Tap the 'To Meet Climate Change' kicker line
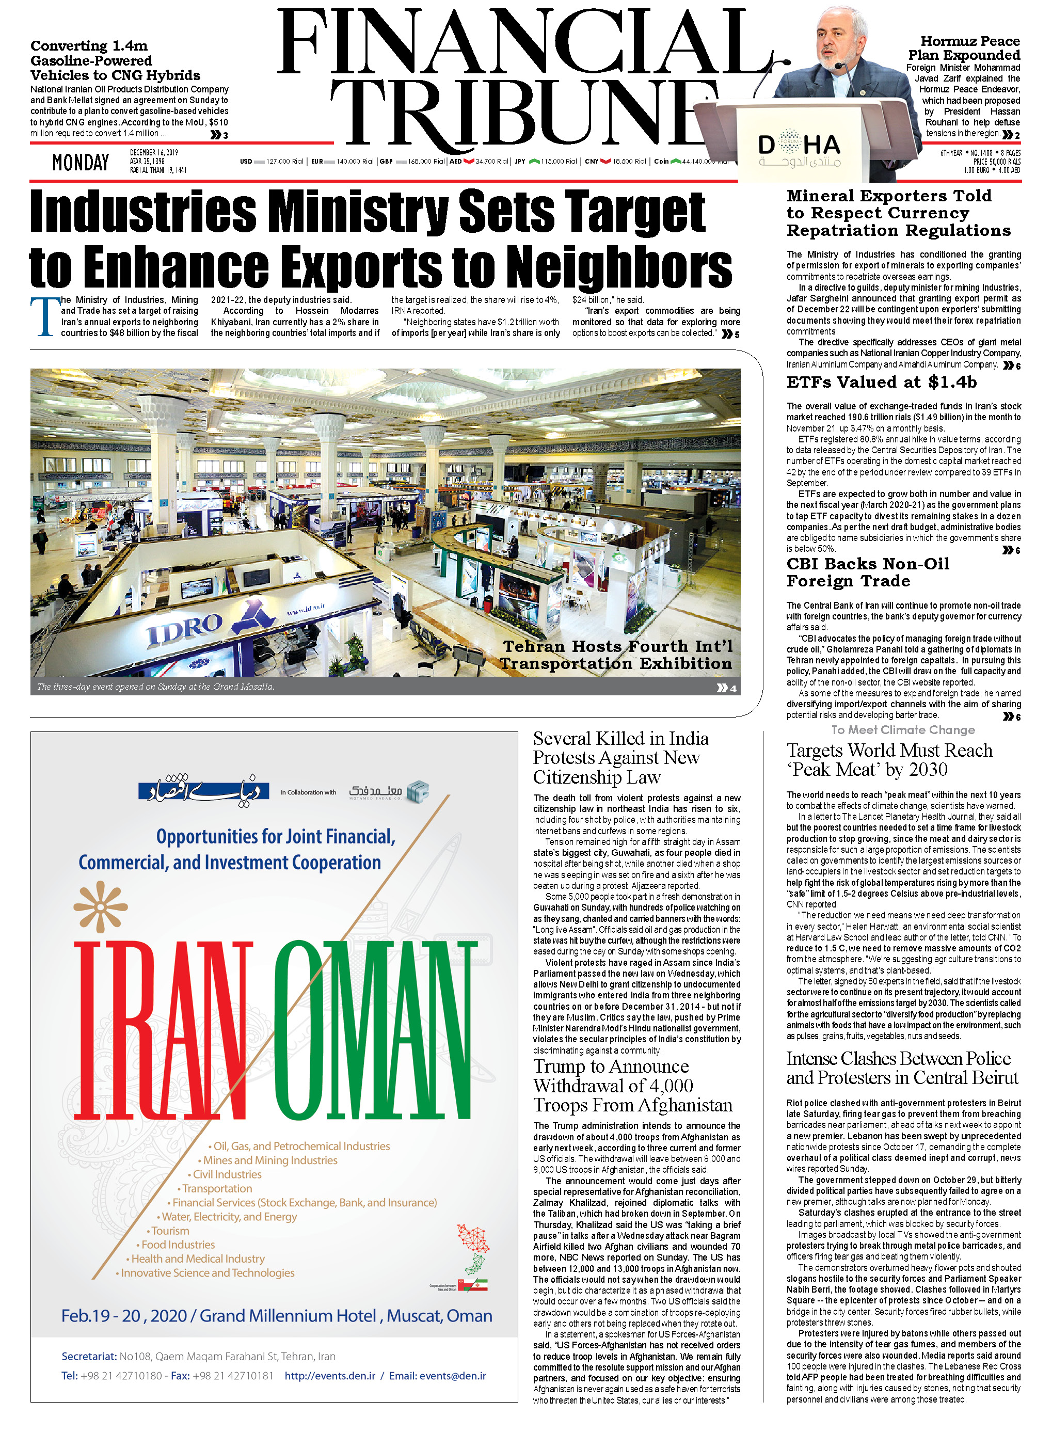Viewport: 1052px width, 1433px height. (x=903, y=730)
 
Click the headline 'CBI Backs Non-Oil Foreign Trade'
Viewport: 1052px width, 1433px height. (x=868, y=572)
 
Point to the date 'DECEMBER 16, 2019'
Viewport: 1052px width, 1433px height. (x=154, y=152)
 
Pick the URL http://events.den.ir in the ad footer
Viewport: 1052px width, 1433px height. (x=329, y=1376)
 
